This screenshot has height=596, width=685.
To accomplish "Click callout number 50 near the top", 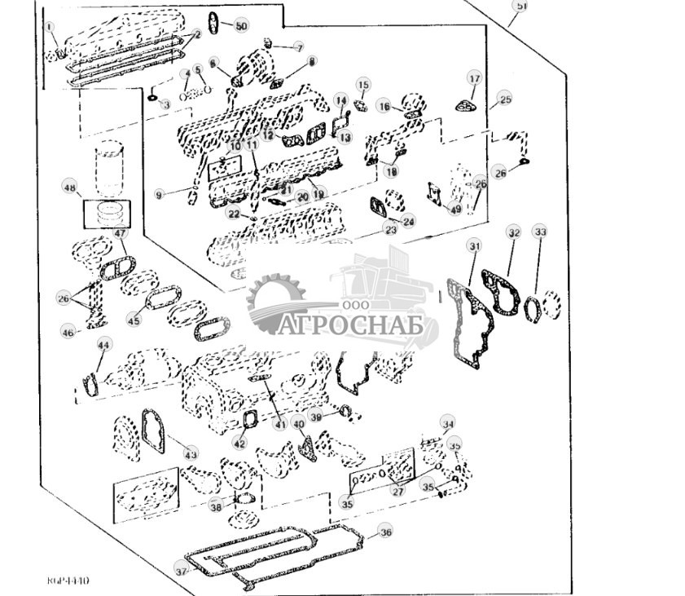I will tap(240, 26).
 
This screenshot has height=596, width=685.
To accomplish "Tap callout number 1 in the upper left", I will tap(50, 27).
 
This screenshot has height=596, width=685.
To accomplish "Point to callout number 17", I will tap(474, 78).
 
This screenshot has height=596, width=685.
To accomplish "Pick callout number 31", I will tap(475, 246).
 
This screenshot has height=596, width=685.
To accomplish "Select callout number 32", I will tap(513, 232).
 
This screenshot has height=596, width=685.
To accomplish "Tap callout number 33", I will tap(540, 232).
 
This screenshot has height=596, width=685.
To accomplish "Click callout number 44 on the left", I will tap(103, 346).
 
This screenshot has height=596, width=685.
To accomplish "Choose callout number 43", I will tap(191, 453).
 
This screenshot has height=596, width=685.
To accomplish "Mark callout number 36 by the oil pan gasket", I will tap(385, 532).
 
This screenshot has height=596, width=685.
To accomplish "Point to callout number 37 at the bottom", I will tap(181, 572).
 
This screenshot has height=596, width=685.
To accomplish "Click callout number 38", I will tap(215, 506).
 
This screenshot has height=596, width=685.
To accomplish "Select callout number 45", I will tap(134, 320).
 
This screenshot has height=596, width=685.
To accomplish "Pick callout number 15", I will tap(363, 85).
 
